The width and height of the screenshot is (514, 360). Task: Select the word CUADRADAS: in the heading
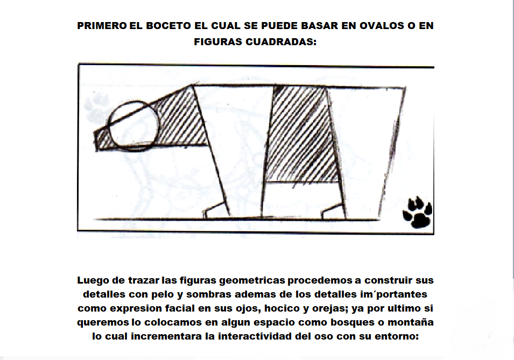click(281, 41)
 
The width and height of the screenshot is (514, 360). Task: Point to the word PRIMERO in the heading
click(102, 26)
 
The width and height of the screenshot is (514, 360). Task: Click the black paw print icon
click(417, 212)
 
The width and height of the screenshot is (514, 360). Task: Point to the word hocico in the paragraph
click(280, 308)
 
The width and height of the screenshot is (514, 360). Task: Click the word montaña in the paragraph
click(411, 322)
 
